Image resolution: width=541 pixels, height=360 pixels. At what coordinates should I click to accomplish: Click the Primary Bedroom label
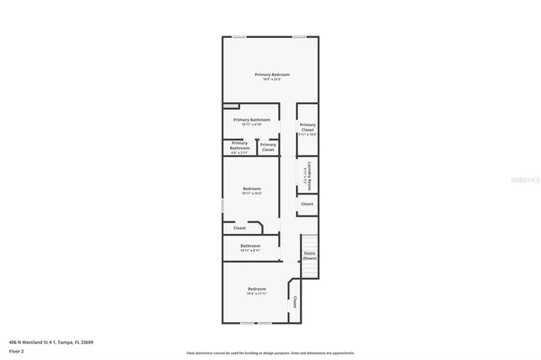coord(272,76)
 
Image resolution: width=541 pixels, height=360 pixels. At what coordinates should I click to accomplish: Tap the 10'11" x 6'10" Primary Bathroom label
coord(252,122)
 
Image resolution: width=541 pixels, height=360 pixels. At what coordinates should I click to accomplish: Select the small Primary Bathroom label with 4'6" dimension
coord(240,147)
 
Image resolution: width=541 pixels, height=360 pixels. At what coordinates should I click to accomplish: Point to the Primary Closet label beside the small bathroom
coord(268,147)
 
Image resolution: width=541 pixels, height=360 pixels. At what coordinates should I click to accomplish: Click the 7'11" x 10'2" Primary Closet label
coord(307,128)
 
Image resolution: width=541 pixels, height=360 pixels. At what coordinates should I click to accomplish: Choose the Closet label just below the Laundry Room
coord(307,204)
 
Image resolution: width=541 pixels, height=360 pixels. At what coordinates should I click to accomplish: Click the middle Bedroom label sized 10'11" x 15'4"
coord(252,190)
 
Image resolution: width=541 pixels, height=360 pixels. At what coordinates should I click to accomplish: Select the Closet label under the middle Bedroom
coord(239,228)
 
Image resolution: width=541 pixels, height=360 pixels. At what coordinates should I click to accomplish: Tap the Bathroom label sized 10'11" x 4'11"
coord(250,248)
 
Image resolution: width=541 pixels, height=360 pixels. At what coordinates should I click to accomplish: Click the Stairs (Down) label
coord(309,254)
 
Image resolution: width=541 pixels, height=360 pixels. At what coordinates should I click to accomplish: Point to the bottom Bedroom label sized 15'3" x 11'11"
coord(257,292)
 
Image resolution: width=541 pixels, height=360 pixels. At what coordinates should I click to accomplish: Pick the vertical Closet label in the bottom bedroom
coord(295,302)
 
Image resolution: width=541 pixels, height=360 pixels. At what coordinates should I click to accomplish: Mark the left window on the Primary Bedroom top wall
coord(240,36)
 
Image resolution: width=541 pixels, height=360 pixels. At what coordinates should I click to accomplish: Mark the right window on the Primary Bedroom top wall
coord(299,36)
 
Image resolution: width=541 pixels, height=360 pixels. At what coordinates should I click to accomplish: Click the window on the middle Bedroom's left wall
coord(223,205)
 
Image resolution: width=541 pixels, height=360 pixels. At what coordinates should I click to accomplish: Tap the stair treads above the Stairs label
coord(309,241)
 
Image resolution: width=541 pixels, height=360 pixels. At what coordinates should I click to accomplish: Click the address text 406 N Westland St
coord(51,342)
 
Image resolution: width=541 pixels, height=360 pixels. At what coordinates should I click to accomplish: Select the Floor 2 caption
coord(17,351)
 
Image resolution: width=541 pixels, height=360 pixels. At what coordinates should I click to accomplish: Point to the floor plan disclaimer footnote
coord(270,353)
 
